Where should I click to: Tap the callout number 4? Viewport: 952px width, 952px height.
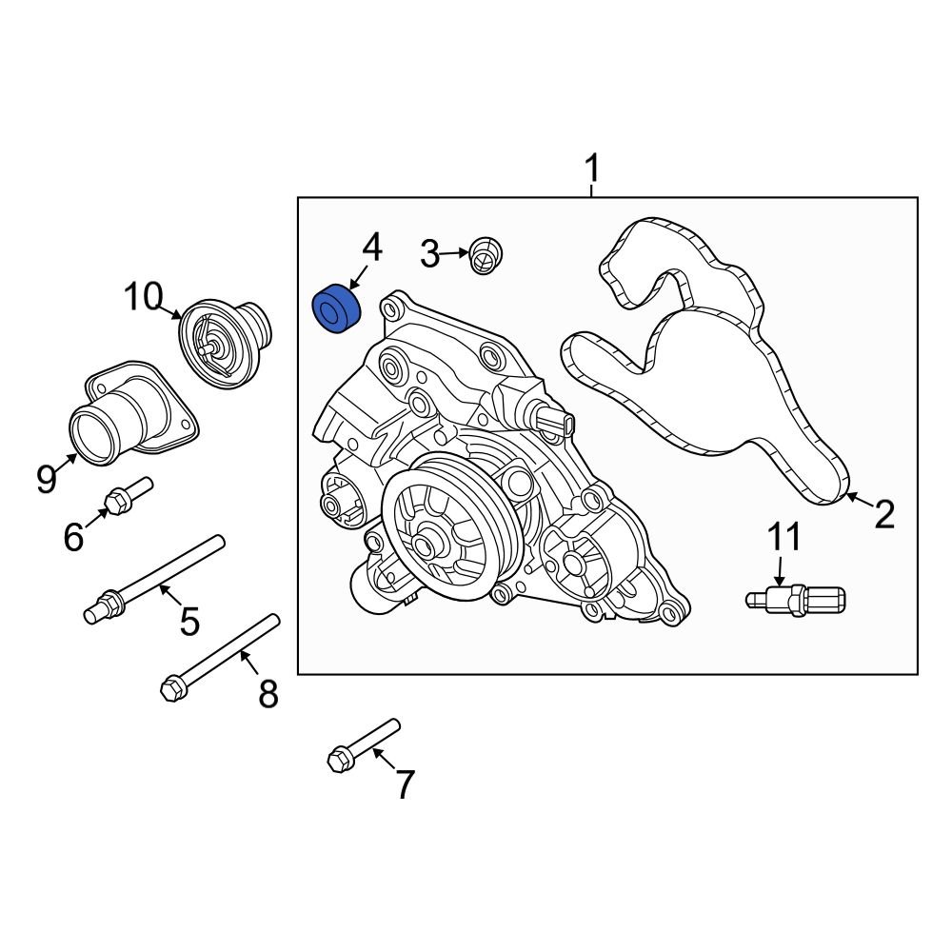coord(371,248)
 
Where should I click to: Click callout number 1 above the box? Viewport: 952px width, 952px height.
coord(592,171)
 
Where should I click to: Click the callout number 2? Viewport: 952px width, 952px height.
coord(884,515)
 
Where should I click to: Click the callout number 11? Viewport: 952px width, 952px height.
coord(785,538)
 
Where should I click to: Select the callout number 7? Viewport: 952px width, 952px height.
coord(405,785)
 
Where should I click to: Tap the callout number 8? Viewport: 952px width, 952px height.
coord(268,694)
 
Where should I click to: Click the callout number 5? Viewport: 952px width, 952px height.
coord(189,622)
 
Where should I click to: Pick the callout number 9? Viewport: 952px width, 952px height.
coord(47,479)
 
